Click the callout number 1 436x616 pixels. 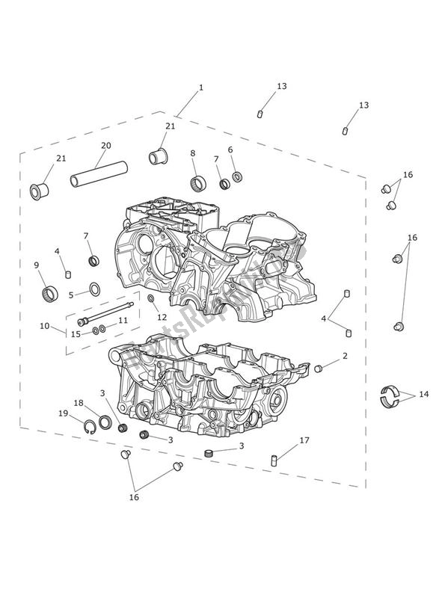(201, 87)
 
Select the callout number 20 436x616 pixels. (105, 146)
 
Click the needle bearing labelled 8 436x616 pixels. (200, 183)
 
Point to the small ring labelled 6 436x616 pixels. (237, 177)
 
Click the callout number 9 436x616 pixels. (37, 265)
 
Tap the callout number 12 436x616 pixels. (162, 318)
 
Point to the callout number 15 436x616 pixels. (76, 333)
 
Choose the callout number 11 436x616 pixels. (123, 320)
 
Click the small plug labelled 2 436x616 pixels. (318, 368)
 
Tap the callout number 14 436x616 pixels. (424, 393)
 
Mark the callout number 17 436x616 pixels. (304, 440)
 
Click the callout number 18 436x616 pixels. (79, 402)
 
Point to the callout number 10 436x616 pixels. (45, 326)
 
